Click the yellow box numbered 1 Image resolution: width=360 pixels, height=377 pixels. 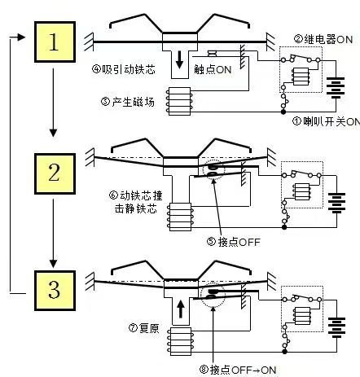click(x=55, y=42)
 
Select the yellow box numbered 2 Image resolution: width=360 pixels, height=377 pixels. click(x=55, y=173)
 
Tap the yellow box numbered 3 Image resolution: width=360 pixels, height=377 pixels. click(x=55, y=291)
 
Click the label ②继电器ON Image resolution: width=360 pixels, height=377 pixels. click(x=323, y=39)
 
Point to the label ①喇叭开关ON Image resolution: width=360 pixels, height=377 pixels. click(x=327, y=121)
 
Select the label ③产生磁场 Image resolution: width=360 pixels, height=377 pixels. click(x=127, y=102)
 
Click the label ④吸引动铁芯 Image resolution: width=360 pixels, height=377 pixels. click(x=124, y=69)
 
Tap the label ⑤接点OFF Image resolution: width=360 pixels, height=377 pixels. click(x=234, y=242)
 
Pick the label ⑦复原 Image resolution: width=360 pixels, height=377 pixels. click(x=144, y=328)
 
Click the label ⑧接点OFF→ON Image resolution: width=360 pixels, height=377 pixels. click(x=238, y=370)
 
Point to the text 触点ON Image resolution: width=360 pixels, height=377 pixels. click(x=213, y=69)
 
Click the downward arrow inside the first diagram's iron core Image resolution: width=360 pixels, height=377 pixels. click(x=179, y=61)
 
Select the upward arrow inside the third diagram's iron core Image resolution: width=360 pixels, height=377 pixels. click(x=181, y=309)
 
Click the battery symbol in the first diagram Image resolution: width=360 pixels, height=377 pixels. click(x=336, y=88)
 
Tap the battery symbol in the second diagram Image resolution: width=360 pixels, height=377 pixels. click(x=336, y=203)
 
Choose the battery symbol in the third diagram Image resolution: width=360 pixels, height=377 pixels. click(x=337, y=327)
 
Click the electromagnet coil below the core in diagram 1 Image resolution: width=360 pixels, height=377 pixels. click(x=179, y=101)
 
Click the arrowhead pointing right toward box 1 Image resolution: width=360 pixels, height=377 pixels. click(x=21, y=37)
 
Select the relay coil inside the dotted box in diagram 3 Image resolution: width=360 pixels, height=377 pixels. click(x=302, y=316)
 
